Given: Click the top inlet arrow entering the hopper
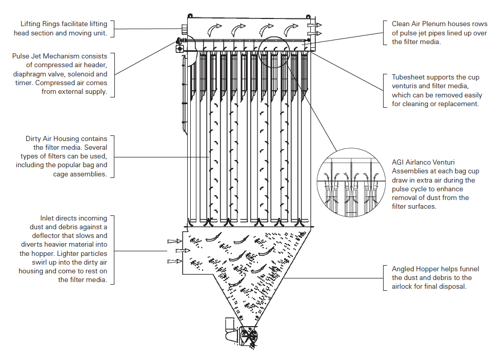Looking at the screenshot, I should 175,241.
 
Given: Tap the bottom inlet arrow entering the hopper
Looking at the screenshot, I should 175,262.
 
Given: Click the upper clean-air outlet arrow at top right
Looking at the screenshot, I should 314,25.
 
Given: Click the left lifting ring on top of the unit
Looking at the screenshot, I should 190,16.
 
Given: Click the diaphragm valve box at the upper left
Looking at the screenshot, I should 180,49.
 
